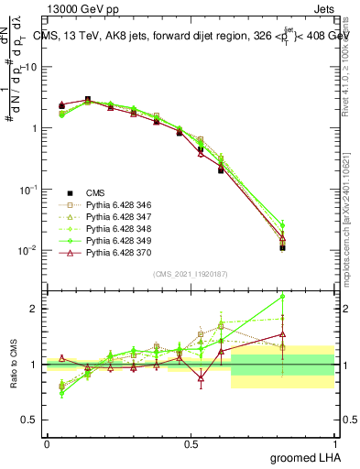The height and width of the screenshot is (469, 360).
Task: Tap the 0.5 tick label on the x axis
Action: [191, 443]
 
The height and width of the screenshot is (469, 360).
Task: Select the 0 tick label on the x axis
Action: [47, 443]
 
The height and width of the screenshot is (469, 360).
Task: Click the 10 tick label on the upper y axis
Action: [31, 67]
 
